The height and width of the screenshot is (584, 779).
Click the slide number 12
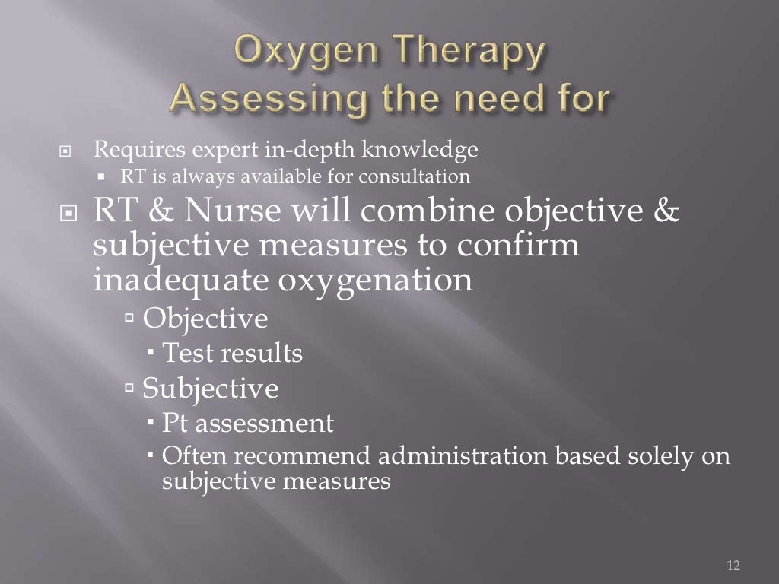[733, 565]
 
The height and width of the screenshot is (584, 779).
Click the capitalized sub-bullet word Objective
[205, 319]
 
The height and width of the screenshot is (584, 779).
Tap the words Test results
[233, 354]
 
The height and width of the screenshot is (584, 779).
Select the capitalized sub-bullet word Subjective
[211, 389]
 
